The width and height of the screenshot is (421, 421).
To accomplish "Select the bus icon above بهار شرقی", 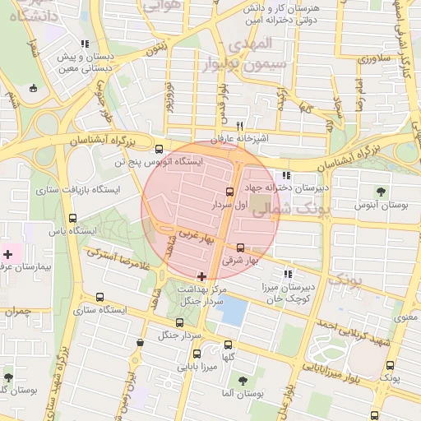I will click(240, 248).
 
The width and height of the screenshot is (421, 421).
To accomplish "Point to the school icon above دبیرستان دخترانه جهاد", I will click(286, 175).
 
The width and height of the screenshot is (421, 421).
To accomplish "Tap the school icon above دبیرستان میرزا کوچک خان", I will click(288, 274).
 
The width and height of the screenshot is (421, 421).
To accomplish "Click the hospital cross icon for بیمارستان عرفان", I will click(8, 255).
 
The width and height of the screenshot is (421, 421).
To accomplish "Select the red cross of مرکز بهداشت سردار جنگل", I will click(202, 275).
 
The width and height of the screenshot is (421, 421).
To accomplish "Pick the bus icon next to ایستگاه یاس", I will click(73, 219).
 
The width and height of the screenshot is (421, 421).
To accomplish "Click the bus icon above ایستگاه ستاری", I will click(100, 298).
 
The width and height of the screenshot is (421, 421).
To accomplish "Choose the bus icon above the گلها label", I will click(229, 345).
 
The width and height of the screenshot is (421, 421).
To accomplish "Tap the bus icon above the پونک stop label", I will click(390, 364).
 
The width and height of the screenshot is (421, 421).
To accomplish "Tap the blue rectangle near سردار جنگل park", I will click(234, 311).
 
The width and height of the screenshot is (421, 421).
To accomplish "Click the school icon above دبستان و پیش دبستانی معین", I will click(85, 44).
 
